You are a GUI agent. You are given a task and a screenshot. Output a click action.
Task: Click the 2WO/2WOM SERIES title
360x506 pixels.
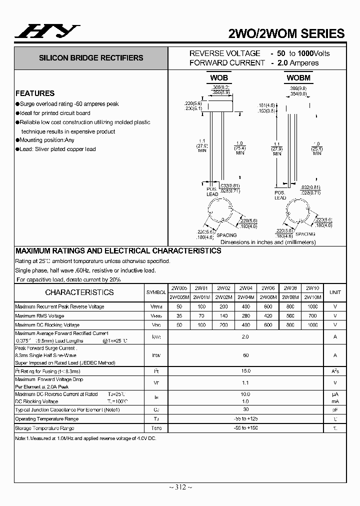[286, 33]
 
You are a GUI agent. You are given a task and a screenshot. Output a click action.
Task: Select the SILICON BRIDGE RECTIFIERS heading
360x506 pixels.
[91, 58]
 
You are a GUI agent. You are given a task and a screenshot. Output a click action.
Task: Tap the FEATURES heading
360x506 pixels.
[35, 93]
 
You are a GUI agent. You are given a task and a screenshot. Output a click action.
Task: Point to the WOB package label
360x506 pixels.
[218, 77]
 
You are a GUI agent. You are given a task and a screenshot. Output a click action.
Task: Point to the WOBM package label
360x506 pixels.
[298, 77]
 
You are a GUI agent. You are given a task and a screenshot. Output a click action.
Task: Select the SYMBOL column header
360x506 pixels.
[156, 292]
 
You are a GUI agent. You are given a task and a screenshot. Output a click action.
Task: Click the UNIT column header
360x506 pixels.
[335, 292]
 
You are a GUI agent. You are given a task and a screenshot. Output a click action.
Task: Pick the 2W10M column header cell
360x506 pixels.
[312, 297]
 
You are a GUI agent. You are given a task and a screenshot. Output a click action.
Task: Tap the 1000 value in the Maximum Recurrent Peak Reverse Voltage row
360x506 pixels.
[312, 306]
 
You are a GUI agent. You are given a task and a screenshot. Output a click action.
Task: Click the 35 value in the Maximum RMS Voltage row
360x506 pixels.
[178, 316]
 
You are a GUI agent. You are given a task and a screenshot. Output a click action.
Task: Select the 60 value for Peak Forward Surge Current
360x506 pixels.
[245, 355]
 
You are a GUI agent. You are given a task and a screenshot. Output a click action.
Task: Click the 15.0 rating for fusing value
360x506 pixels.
[245, 371]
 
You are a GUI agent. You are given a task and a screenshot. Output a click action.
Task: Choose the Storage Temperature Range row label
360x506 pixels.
[45, 428]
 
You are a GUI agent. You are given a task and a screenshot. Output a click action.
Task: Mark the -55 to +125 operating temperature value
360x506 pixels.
[245, 418]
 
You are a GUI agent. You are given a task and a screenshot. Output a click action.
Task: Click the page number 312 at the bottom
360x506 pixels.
[179, 487]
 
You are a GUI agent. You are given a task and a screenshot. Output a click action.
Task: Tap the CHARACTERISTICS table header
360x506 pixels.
[79, 292]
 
